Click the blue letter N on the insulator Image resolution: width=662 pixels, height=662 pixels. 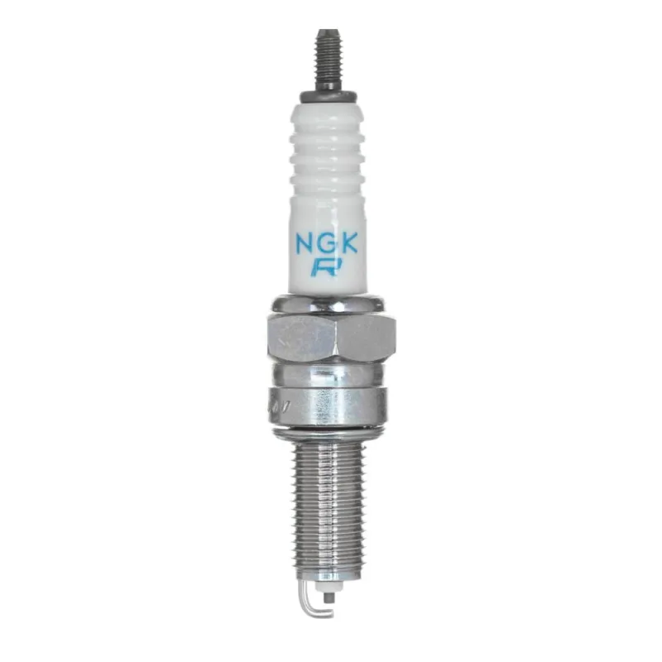[303, 242]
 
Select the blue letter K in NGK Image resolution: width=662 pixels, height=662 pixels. [348, 242]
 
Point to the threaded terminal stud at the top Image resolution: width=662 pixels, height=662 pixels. [328, 59]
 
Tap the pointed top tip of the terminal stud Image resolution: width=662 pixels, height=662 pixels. [328, 30]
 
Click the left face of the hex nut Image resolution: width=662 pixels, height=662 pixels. [302, 338]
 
